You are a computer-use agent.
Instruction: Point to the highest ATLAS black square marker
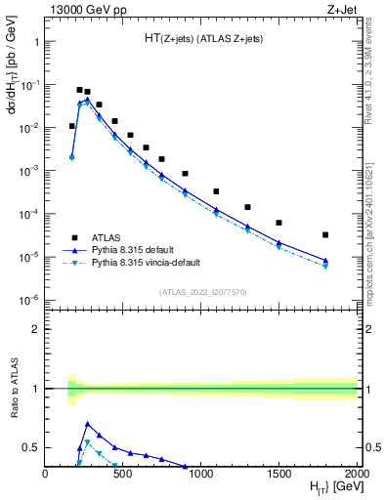click(79, 90)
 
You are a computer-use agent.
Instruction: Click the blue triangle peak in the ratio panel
click(88, 424)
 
